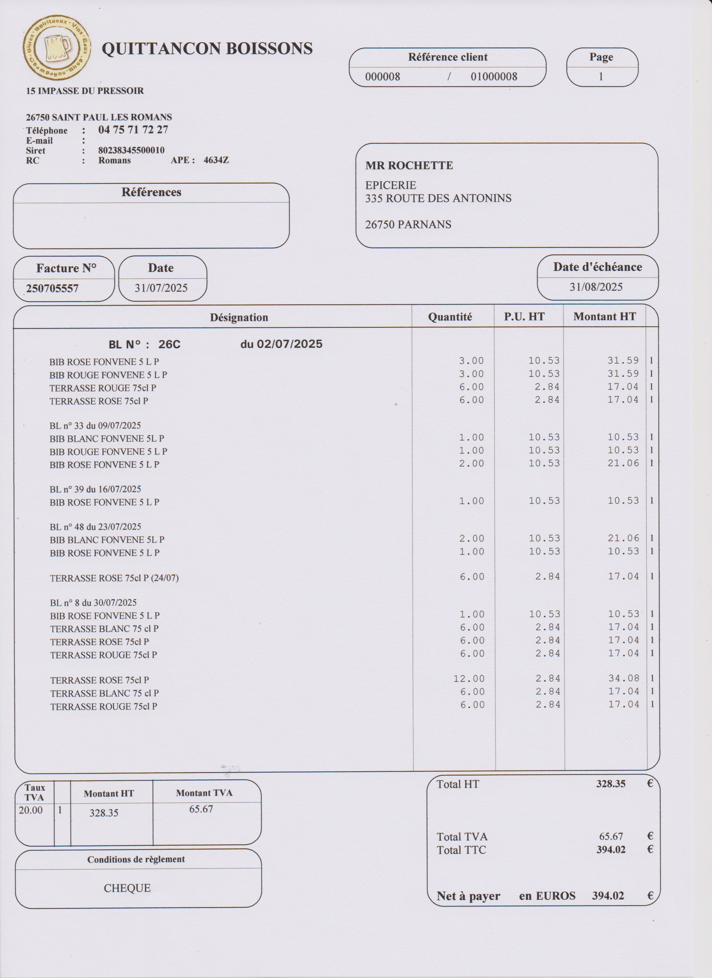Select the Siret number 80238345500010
[x=131, y=150]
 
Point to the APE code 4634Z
[x=216, y=160]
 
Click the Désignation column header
[x=239, y=317]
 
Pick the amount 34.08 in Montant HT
[x=623, y=678]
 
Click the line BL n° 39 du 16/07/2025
[x=95, y=489]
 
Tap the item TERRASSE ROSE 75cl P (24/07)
[x=114, y=578]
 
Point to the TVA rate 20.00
[x=31, y=810]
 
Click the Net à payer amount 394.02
[x=608, y=896]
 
